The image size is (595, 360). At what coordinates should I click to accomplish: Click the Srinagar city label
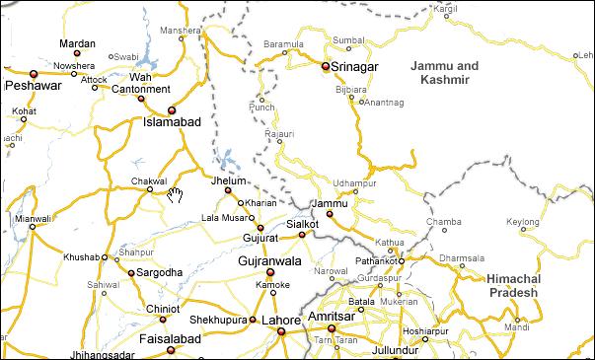tap(355, 66)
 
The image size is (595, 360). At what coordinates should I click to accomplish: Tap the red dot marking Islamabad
tap(171, 109)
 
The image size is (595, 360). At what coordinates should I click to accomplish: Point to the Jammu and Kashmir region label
tap(444, 71)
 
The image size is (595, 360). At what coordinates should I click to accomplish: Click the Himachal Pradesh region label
tap(512, 286)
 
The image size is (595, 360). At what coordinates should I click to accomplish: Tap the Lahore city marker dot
tap(280, 331)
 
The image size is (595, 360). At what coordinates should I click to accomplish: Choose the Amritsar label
tap(332, 316)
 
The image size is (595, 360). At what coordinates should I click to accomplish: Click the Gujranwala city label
tap(269, 260)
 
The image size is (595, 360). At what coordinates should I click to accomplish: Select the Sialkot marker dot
tap(302, 235)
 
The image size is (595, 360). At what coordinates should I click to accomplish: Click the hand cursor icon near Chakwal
tap(175, 193)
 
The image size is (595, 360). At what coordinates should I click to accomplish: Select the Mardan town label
tap(78, 43)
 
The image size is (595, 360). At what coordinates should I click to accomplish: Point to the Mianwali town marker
tap(32, 227)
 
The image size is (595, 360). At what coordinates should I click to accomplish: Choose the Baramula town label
tap(283, 44)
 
